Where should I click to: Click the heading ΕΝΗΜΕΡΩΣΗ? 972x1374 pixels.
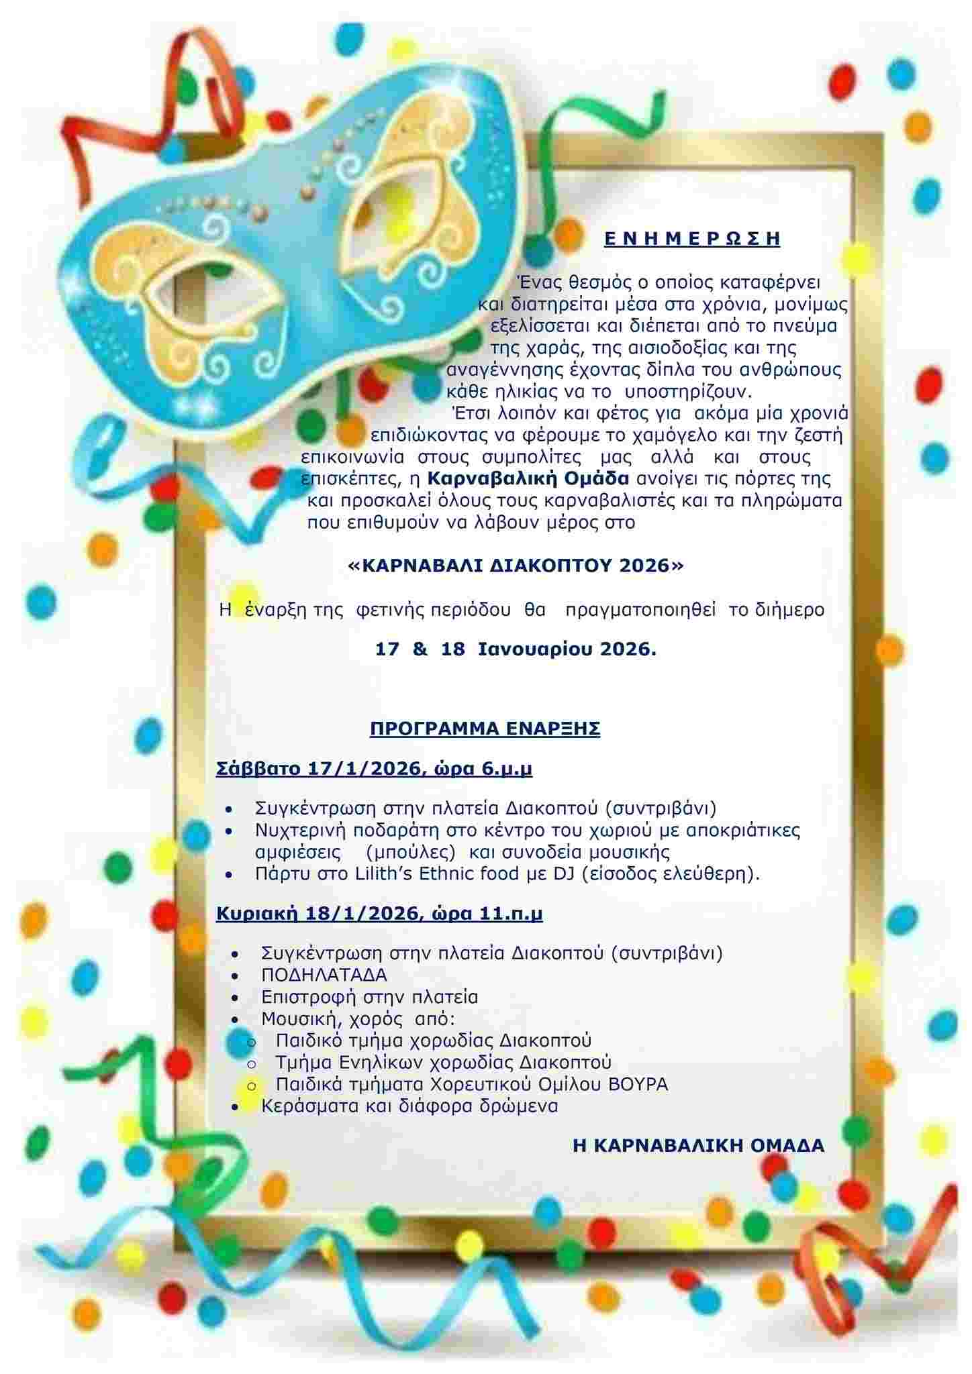coord(692,239)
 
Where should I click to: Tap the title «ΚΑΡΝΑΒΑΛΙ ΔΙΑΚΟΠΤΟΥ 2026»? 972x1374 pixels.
coord(516,566)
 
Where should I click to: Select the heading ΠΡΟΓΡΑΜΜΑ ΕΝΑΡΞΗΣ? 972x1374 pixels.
coord(485,729)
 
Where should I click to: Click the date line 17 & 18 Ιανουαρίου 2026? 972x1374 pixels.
coord(516,649)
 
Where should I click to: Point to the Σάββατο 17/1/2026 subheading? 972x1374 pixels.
coord(374,769)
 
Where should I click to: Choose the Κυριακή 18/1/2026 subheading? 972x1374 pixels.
coord(379,914)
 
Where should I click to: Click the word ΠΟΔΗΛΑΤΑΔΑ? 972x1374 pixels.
coord(324,975)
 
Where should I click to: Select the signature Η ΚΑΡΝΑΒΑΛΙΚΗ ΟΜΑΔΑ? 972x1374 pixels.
coord(698,1146)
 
